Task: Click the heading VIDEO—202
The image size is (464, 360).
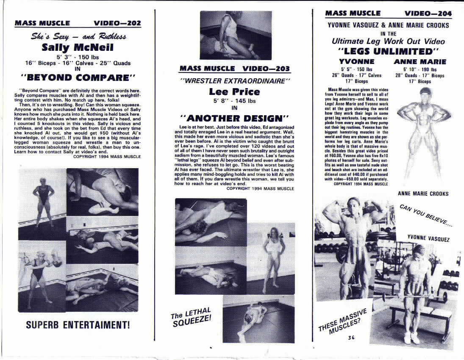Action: click(117, 23)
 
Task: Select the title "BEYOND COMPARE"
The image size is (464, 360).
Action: click(78, 78)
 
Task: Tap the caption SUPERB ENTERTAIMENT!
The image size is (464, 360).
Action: click(78, 325)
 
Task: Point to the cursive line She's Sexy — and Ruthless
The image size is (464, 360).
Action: click(78, 36)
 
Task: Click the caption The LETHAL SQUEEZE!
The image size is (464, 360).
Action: click(191, 318)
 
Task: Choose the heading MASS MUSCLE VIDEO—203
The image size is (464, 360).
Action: click(234, 68)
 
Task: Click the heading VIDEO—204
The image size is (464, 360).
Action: click(428, 14)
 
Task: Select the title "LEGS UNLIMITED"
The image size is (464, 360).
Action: click(388, 52)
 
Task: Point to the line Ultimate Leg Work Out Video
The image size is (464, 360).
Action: click(388, 42)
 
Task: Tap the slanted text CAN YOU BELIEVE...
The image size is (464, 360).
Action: click(426, 216)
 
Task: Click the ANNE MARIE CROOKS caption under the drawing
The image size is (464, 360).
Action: click(423, 194)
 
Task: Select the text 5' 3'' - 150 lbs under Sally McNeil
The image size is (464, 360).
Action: click(78, 57)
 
